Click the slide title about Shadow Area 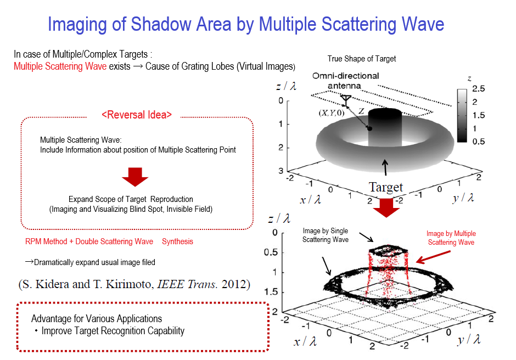click(245, 24)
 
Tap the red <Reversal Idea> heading click(137, 115)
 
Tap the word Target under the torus click(386, 187)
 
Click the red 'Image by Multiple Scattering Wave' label click(451, 238)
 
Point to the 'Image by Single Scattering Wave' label click(326, 235)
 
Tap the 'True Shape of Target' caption click(361, 59)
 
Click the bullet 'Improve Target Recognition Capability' click(113, 331)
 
